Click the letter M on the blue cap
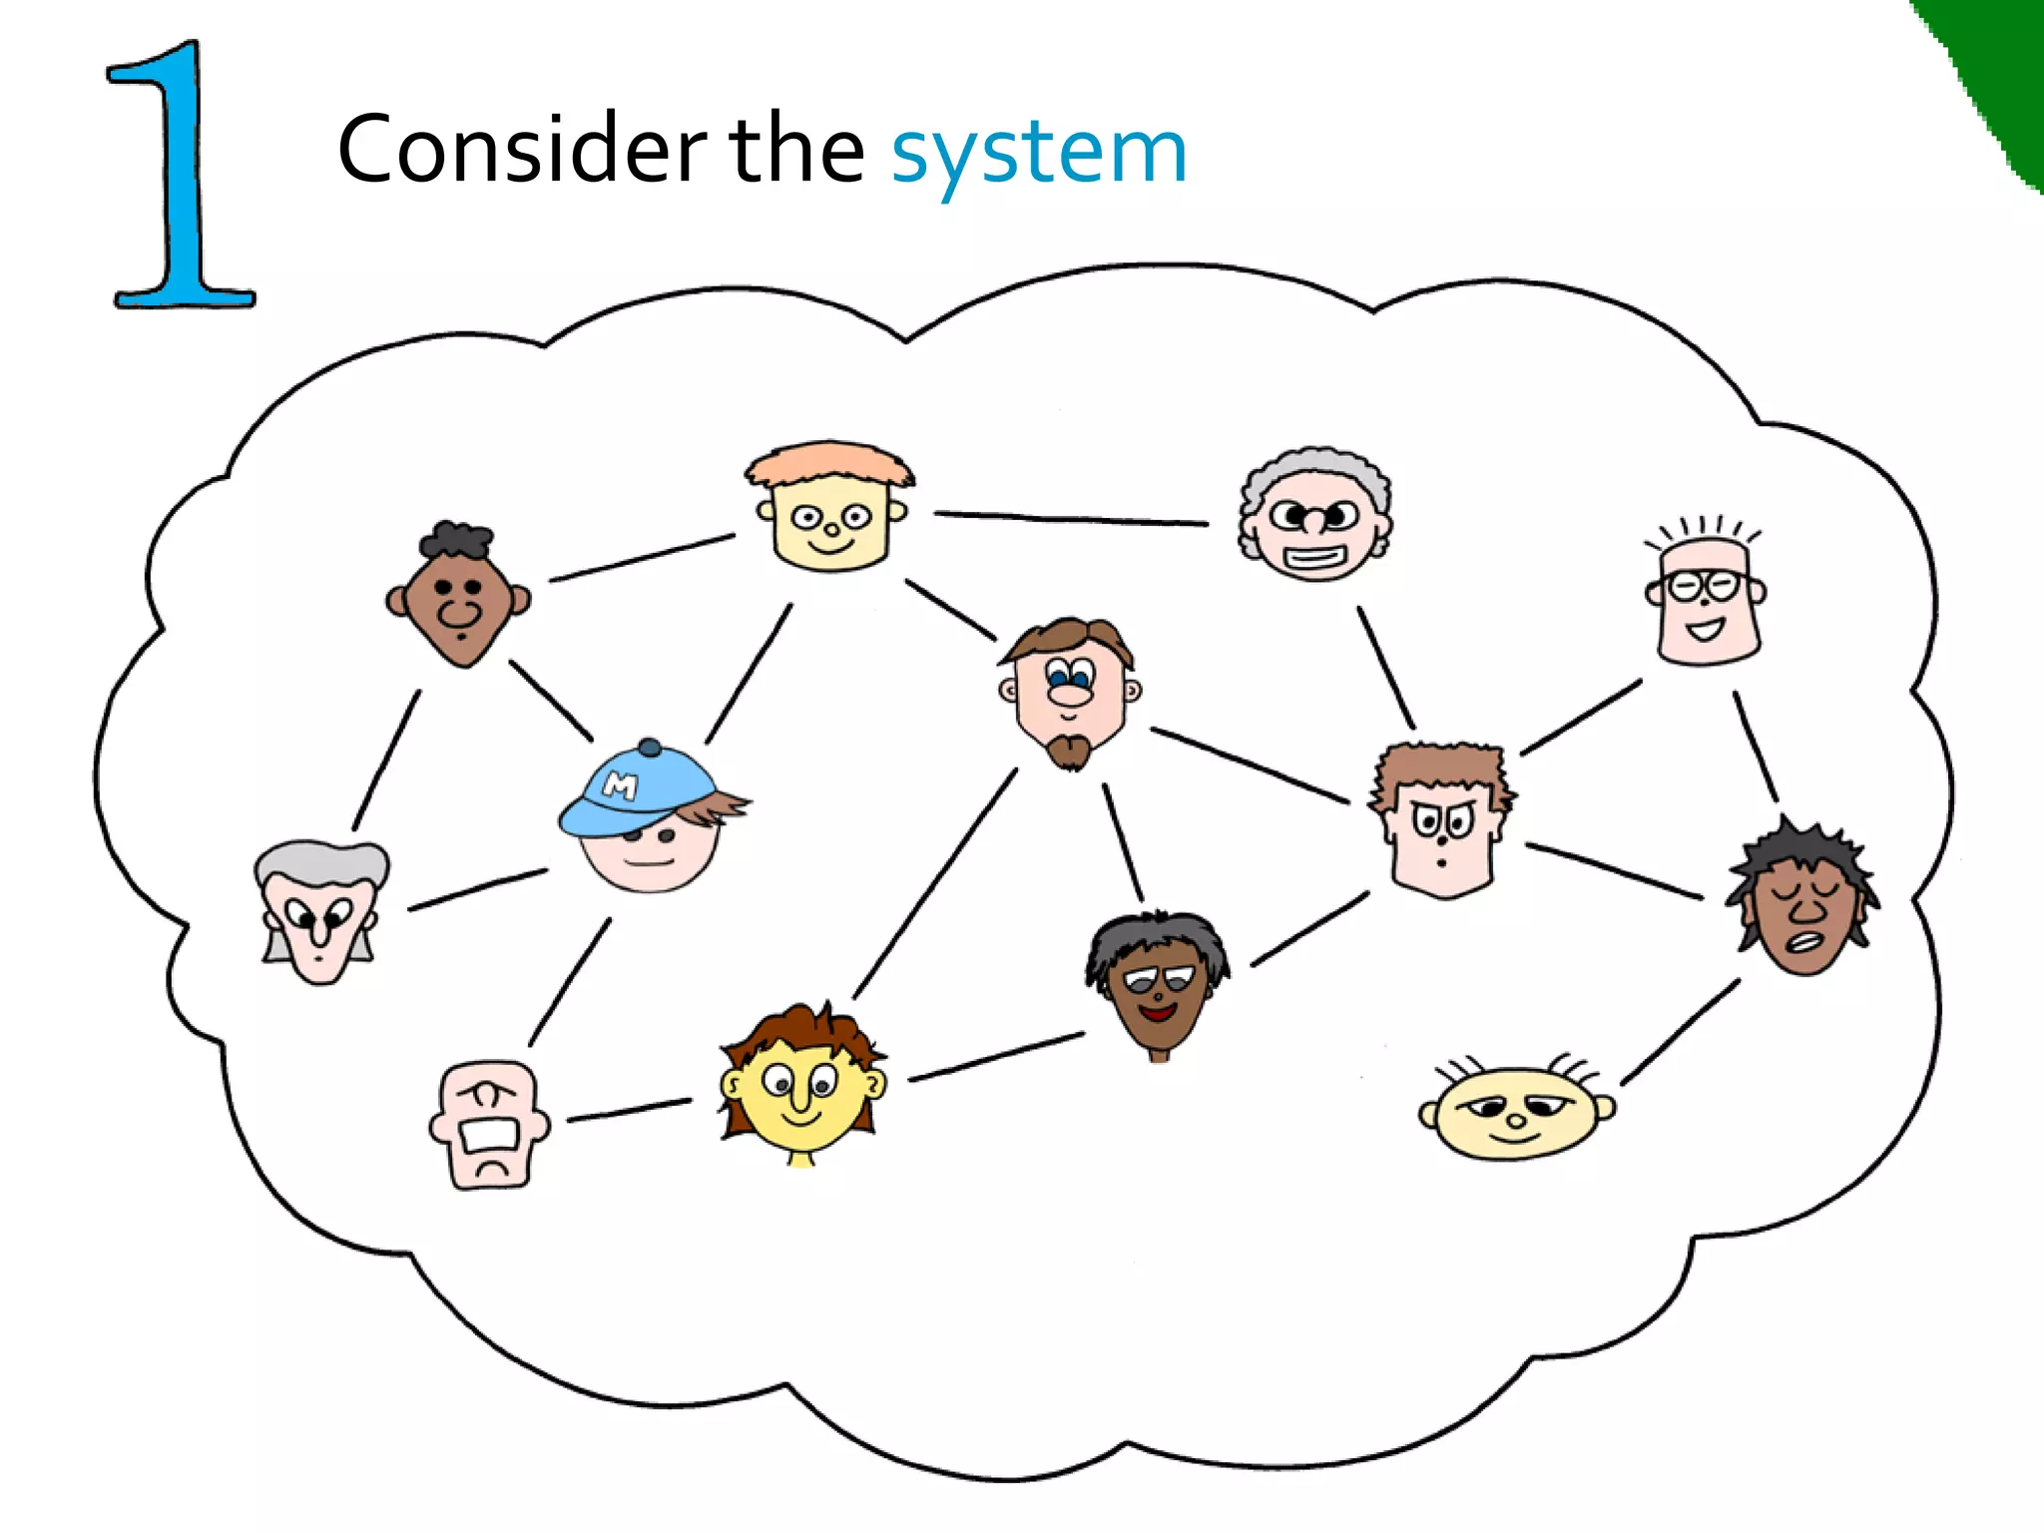coord(620,786)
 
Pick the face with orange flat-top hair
coord(830,509)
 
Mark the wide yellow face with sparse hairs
coord(1515,1110)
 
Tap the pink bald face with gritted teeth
coord(489,1125)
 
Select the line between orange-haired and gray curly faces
coord(1071,518)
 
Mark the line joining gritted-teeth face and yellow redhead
coord(629,1110)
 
